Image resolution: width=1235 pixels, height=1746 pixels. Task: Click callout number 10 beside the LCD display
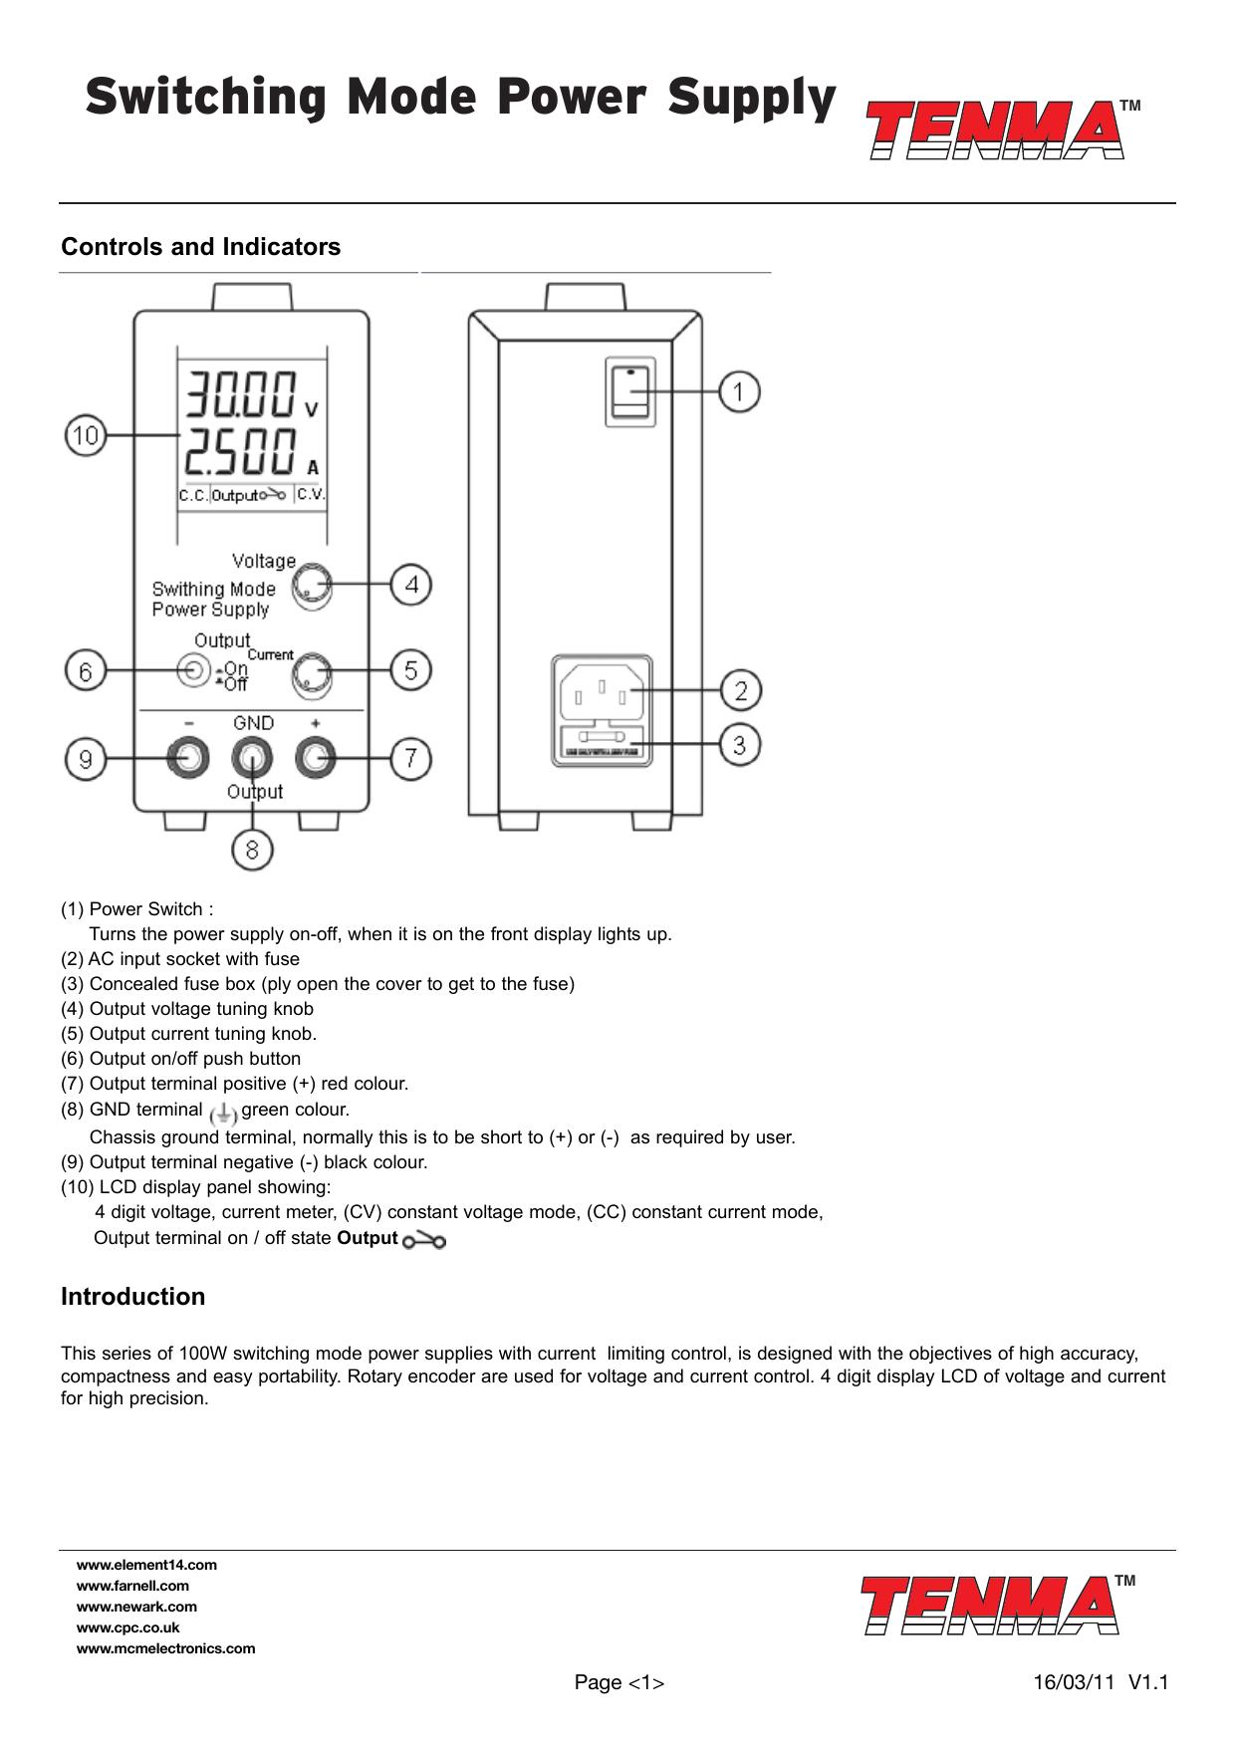click(87, 436)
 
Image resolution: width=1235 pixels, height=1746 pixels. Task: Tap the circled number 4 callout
click(410, 585)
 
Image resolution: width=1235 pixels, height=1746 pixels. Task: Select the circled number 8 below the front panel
click(253, 850)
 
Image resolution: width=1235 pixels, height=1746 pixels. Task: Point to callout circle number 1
click(738, 391)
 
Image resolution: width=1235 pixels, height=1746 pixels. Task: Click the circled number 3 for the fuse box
click(738, 744)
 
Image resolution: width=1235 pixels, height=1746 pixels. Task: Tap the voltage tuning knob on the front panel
click(311, 586)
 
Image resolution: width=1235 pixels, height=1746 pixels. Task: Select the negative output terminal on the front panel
click(188, 759)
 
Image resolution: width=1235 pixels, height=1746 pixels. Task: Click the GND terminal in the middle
click(252, 759)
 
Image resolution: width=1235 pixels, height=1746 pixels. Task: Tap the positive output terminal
click(316, 759)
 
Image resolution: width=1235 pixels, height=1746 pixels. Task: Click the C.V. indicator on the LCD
click(312, 494)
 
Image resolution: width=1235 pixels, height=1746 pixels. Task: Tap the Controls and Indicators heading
click(200, 247)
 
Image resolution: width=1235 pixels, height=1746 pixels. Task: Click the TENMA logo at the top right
click(997, 129)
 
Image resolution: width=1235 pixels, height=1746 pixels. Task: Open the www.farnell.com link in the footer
click(132, 1586)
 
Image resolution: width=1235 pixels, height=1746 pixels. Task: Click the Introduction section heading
click(133, 1297)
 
